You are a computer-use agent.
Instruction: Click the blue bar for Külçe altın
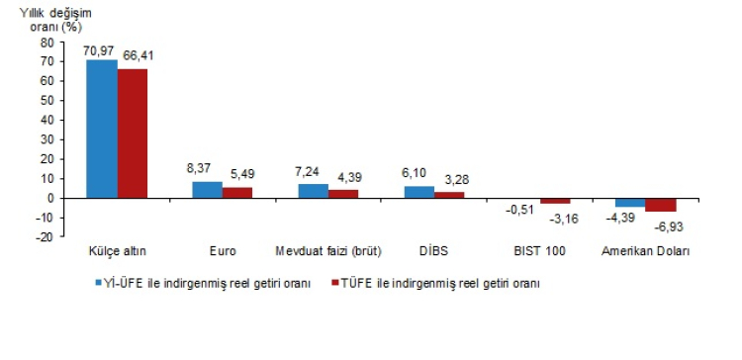[x=102, y=129]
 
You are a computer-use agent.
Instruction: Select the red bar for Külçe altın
[x=133, y=134]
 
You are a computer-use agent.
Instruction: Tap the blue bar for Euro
[x=207, y=190]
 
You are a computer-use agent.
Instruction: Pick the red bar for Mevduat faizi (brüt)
[x=343, y=194]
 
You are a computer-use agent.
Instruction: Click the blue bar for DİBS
[x=418, y=192]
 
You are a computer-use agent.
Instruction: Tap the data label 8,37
[x=205, y=170]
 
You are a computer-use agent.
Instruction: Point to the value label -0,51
[x=521, y=210]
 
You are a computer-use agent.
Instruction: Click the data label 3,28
[x=452, y=179]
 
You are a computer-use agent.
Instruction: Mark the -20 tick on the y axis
[x=46, y=236]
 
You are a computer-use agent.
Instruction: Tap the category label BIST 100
[x=540, y=251]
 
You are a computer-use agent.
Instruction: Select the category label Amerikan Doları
[x=645, y=251]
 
